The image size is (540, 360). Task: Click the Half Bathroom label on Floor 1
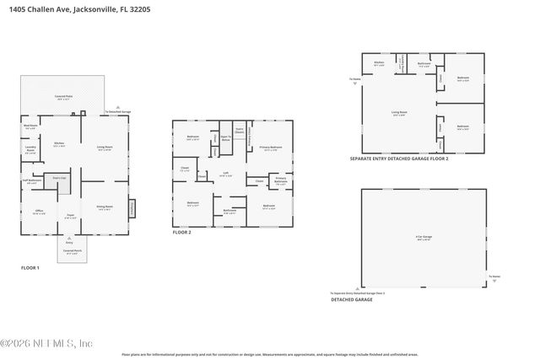31,180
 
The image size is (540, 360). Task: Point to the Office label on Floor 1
39,211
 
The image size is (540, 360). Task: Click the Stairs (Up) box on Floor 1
59,179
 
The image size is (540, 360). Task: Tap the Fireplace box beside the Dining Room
131,207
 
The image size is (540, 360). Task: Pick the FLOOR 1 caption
30,267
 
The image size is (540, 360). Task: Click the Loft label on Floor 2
226,173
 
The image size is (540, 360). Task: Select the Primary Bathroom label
281,180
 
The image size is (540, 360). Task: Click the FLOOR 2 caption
181,232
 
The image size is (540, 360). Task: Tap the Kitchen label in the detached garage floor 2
379,62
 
